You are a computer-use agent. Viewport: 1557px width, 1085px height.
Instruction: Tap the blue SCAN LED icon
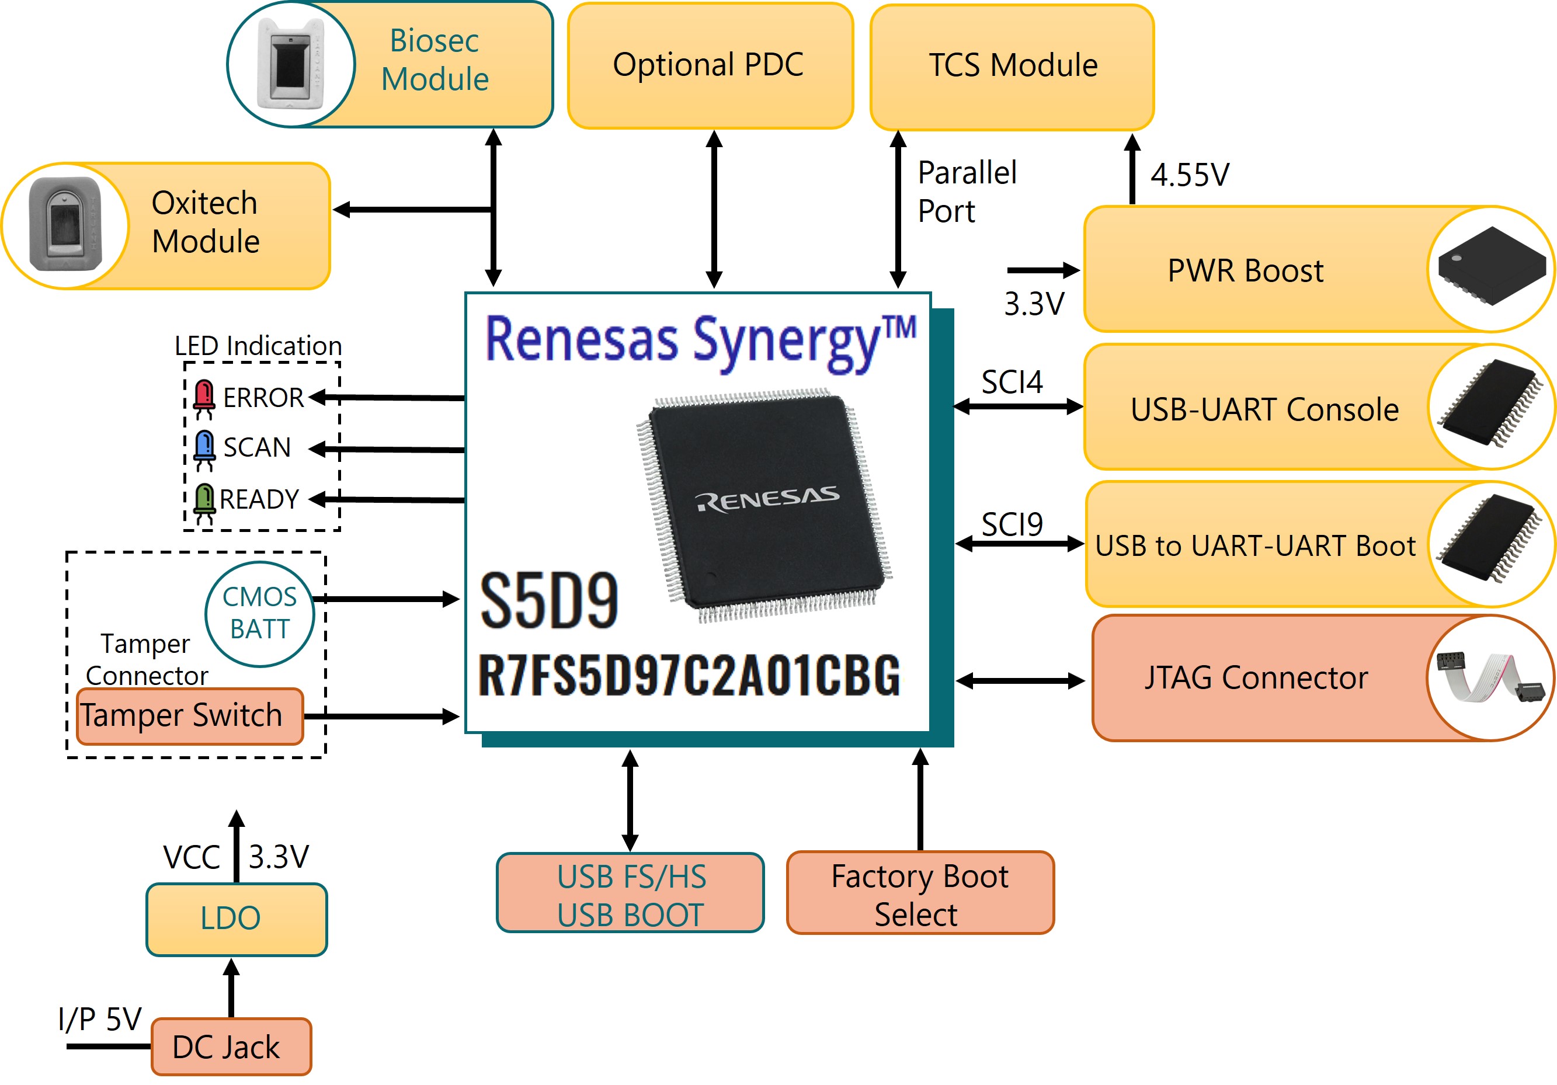(204, 450)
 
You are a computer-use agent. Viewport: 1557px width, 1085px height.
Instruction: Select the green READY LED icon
(204, 504)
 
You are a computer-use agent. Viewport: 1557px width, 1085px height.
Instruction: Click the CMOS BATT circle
(260, 614)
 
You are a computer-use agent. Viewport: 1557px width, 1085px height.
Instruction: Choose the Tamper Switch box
(190, 716)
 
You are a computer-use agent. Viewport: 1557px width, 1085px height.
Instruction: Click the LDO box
(237, 919)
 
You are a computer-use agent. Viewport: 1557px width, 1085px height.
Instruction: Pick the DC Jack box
(231, 1046)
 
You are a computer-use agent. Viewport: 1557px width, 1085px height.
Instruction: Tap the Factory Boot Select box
(920, 893)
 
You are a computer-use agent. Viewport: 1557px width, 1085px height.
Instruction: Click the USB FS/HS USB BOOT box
(630, 893)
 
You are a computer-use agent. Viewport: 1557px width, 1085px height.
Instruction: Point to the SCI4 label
(1012, 382)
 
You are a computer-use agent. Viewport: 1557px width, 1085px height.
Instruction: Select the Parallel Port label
(967, 192)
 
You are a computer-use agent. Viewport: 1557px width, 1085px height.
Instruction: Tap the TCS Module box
(1012, 67)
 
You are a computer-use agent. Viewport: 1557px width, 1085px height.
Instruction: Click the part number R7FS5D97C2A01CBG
(689, 676)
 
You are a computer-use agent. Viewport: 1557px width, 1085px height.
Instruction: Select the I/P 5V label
(100, 1018)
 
